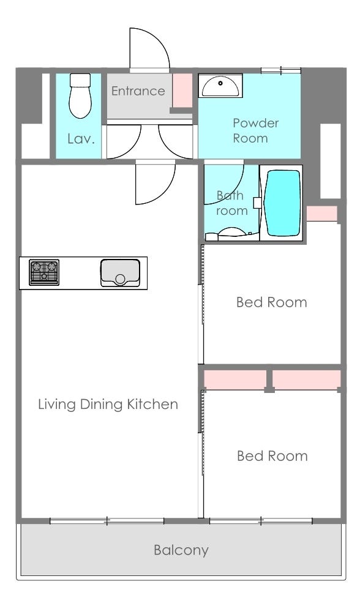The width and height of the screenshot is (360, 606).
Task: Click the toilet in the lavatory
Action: (x=80, y=96)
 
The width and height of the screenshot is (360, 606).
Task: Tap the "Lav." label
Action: (x=81, y=139)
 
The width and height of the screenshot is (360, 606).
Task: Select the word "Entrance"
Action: (x=138, y=91)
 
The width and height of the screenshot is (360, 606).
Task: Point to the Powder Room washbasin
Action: (x=220, y=86)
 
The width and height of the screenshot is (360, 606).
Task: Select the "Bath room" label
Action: (x=231, y=203)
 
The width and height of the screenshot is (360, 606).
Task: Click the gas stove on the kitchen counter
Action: (x=44, y=272)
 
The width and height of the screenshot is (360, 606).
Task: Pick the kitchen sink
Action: (x=120, y=273)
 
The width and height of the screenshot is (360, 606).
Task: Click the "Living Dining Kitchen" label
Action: (x=108, y=404)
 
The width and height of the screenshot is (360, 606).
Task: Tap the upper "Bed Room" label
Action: (x=271, y=302)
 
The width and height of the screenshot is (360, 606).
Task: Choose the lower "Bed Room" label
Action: (x=272, y=456)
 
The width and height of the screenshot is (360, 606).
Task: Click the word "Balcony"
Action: (x=181, y=550)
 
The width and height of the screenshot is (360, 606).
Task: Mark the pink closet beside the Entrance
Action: (x=182, y=89)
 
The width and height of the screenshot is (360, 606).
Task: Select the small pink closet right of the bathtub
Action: (x=321, y=214)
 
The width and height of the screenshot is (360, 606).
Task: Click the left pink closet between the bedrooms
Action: (x=234, y=380)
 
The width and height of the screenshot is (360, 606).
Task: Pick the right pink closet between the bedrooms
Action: (x=306, y=380)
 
